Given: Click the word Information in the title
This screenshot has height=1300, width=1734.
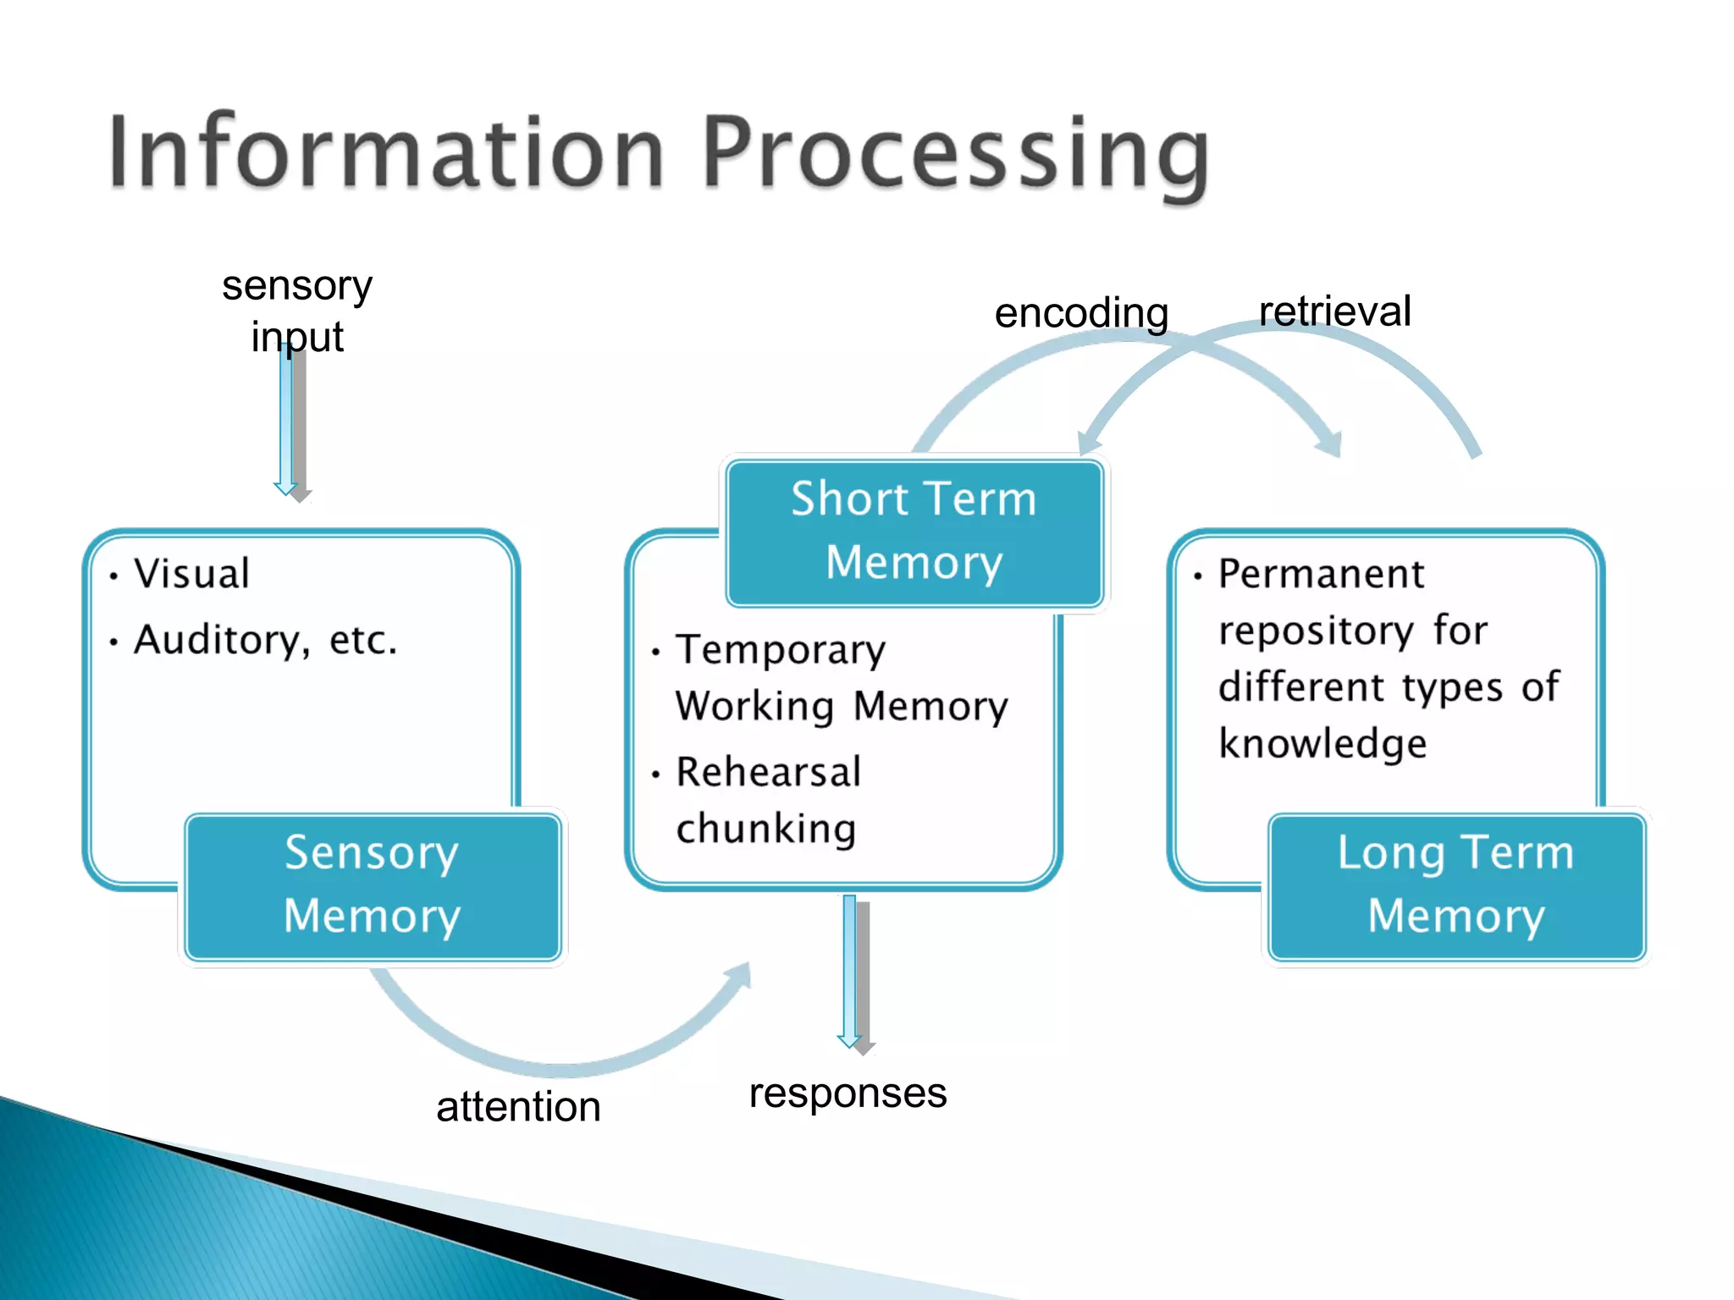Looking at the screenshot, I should (385, 152).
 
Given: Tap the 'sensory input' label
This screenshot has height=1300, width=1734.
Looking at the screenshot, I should (297, 311).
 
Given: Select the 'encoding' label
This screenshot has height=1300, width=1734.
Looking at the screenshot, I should (1081, 313).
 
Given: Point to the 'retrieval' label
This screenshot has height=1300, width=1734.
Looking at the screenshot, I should (1334, 311).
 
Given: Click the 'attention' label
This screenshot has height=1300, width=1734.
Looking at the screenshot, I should (518, 1107).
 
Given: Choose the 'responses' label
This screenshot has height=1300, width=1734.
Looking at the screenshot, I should (848, 1093).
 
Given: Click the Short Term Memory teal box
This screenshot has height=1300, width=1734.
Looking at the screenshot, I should (914, 532).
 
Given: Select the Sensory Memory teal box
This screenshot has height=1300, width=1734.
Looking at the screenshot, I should (373, 885).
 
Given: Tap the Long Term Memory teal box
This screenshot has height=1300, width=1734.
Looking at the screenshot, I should (1455, 885).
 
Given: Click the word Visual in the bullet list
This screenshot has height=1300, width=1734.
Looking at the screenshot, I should (192, 574).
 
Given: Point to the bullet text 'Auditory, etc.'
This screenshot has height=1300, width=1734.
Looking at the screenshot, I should (265, 640).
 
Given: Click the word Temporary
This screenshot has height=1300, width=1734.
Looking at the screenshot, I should (781, 650).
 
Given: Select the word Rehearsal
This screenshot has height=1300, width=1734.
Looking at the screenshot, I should (768, 772).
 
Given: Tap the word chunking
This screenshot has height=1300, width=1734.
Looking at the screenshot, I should (766, 829).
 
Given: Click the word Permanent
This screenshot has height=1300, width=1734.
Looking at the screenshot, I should (1321, 574).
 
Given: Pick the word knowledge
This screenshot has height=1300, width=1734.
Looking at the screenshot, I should (1323, 744).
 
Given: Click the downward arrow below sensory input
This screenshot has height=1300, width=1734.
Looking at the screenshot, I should (290, 423).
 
